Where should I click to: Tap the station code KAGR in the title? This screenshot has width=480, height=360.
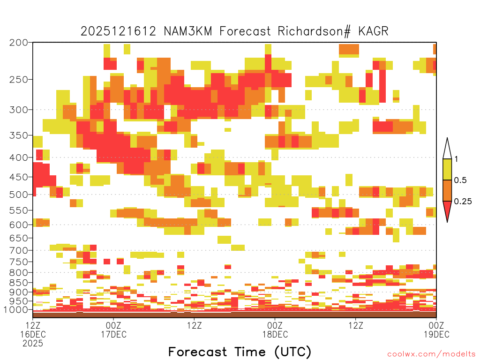(373, 31)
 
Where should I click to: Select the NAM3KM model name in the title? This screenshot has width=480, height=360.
(188, 31)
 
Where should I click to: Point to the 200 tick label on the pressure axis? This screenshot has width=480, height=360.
(19, 43)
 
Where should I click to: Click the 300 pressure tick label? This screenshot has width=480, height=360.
(19, 110)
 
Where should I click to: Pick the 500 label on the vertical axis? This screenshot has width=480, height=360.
(19, 195)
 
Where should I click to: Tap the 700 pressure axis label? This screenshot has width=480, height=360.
(19, 250)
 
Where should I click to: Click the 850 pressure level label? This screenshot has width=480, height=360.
(19, 283)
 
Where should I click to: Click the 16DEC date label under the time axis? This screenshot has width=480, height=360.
(33, 334)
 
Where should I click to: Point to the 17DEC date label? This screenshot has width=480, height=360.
(113, 334)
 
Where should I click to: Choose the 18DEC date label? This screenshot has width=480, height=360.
(275, 334)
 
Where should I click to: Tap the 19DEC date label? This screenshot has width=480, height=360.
(436, 334)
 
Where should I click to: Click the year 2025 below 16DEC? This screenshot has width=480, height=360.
(33, 344)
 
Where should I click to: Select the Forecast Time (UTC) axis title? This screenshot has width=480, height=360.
(240, 352)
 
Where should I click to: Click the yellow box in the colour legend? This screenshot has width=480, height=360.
(447, 169)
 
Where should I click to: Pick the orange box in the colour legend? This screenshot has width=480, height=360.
(447, 190)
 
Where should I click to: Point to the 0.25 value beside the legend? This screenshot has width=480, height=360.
(463, 201)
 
